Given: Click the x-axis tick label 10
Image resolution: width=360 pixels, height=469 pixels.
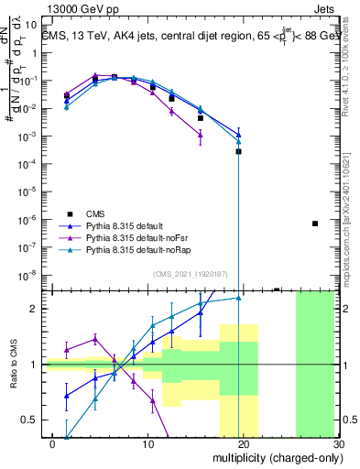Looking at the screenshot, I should pyautogui.click(x=148, y=443).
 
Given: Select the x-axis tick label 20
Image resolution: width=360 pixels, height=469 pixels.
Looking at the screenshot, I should pyautogui.click(x=243, y=443).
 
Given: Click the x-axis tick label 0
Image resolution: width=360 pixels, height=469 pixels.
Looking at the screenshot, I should pyautogui.click(x=53, y=443).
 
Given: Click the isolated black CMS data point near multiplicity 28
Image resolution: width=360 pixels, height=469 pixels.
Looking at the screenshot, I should pyautogui.click(x=314, y=224).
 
